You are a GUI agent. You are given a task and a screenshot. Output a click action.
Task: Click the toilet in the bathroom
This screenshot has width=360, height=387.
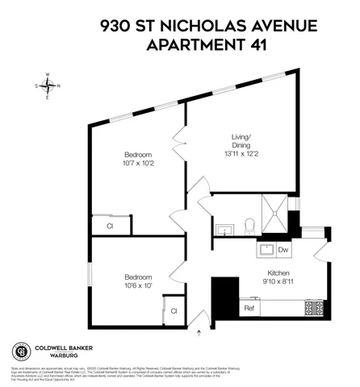coord(249,225)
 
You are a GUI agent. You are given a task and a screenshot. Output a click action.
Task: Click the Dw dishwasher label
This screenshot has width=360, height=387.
coord(283,250)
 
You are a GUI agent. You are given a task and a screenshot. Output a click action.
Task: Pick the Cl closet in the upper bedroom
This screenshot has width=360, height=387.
coord(109,227)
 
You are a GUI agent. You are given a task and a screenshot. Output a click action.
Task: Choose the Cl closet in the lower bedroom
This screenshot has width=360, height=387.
coord(173,310)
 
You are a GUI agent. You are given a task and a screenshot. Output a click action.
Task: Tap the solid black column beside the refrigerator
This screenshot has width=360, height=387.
coord(225,289)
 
